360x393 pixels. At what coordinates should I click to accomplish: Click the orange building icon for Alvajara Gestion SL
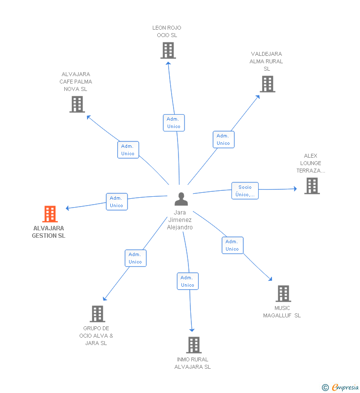point(50,214)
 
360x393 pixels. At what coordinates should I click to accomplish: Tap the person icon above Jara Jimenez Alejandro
point(181,199)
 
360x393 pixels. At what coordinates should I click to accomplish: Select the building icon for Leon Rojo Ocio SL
point(168,50)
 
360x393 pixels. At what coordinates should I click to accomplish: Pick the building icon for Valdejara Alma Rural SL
point(268,84)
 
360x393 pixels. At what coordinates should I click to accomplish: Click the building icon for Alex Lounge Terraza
point(312,186)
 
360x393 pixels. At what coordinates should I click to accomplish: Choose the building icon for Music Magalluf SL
point(283,294)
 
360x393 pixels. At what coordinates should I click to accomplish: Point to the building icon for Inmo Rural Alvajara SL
point(194,345)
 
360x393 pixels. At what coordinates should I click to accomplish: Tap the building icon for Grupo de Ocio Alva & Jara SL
point(97,314)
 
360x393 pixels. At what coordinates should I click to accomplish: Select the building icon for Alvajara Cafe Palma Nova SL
point(77,104)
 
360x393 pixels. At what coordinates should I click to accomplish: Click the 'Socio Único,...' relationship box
point(245,191)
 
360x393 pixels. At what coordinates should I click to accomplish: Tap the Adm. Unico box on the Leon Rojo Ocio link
point(174,123)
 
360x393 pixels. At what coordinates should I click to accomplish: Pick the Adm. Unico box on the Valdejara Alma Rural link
point(223,139)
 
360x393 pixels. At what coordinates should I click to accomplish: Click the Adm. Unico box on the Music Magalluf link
point(232,245)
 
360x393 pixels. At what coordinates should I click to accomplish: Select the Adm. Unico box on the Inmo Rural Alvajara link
point(187,281)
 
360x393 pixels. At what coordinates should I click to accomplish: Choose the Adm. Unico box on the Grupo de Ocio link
point(135,258)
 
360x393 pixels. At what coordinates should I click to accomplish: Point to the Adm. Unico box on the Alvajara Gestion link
point(117,202)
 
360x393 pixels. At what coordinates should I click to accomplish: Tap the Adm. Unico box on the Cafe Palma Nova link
point(128,150)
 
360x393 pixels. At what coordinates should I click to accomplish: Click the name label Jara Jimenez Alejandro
point(180,220)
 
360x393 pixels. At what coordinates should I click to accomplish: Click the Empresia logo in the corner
point(341,387)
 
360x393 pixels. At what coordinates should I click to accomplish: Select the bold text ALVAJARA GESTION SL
point(48,232)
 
